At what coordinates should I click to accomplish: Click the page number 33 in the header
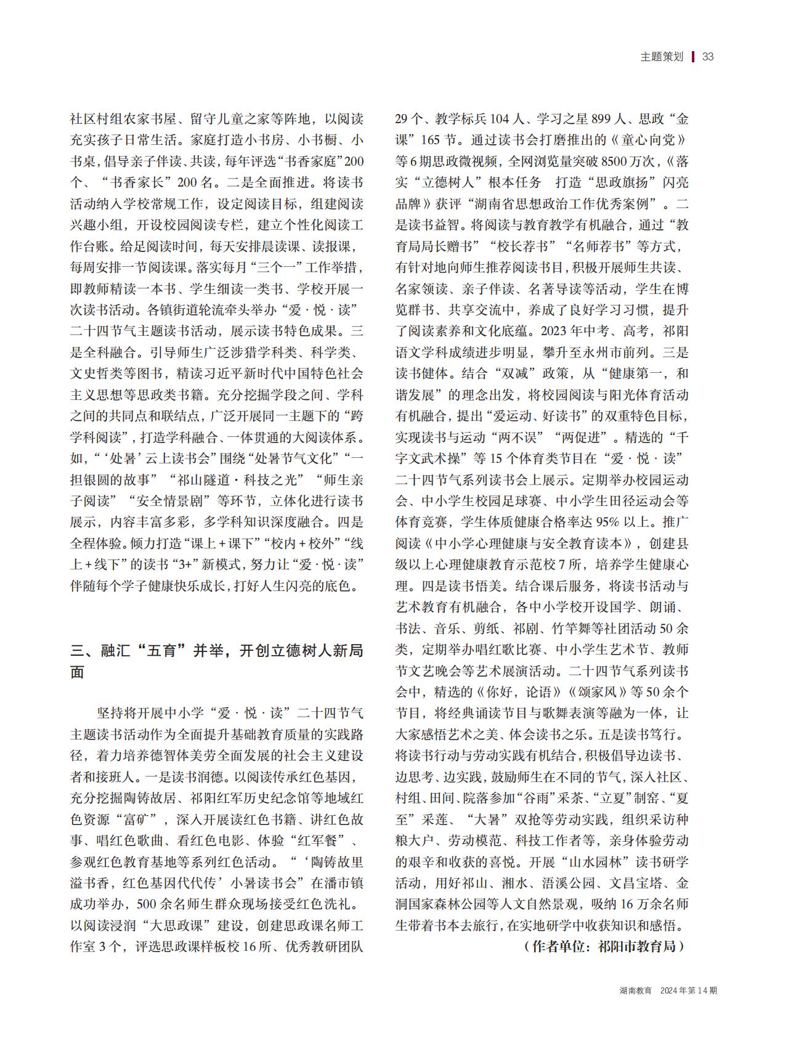tap(707, 57)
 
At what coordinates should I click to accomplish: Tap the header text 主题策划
tap(662, 57)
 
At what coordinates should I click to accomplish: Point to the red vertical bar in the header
tap(693, 57)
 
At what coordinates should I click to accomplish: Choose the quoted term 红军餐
tap(311, 841)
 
